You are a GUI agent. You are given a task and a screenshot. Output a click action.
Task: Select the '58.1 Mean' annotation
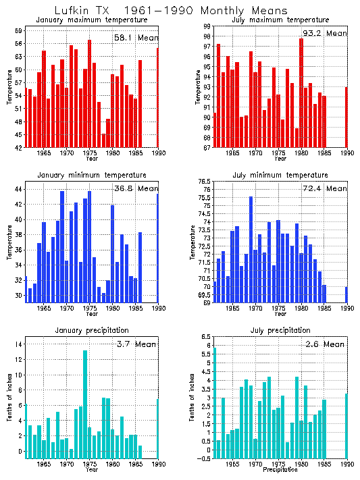135,38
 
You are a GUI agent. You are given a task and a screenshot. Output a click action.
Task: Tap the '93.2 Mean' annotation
324,33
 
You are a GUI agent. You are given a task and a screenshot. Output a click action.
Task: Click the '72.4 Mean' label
324,188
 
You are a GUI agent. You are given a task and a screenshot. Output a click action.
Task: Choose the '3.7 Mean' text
135,344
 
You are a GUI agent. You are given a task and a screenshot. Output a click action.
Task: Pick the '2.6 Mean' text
324,344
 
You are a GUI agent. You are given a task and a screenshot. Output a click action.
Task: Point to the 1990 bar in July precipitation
346,426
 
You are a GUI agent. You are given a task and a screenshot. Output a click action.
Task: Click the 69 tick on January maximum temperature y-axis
19,31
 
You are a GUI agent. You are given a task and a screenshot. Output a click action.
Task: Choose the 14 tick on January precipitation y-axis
19,344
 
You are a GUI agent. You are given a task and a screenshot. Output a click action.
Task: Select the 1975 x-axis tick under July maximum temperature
278,153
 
